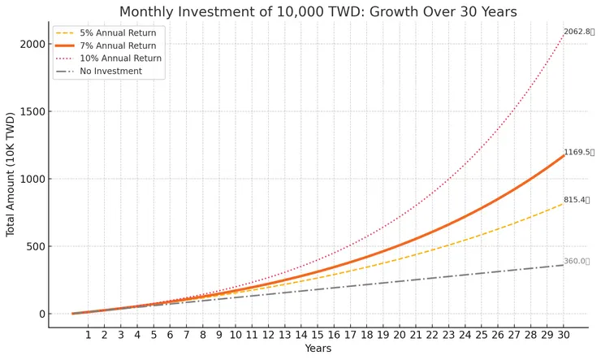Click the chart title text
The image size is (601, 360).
point(318,11)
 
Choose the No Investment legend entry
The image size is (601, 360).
point(110,72)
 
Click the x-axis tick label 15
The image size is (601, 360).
point(318,334)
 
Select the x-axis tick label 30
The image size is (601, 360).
point(564,334)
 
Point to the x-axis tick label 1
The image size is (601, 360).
point(89,334)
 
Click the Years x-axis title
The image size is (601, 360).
point(318,349)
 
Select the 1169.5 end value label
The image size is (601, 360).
point(579,152)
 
